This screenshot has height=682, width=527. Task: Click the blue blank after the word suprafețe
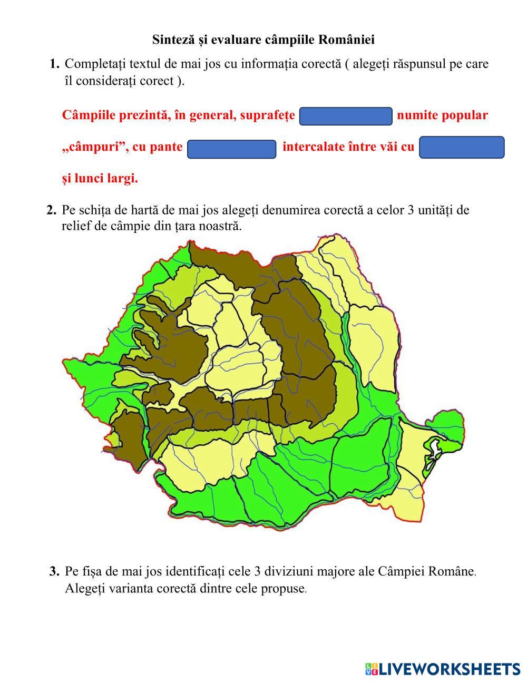pos(346,116)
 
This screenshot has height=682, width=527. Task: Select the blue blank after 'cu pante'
pos(232,149)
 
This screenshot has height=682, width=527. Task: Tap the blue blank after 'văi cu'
pos(462,148)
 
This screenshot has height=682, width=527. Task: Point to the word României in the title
pos(349,40)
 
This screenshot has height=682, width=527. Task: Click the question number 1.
pos(54,64)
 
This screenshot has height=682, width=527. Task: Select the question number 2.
pos(51,210)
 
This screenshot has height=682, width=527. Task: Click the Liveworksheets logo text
pos(450,669)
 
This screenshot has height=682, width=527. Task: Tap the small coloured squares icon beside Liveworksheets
pos(371,669)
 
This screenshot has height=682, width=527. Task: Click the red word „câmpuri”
pos(95,147)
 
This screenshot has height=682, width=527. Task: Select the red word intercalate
pos(314,147)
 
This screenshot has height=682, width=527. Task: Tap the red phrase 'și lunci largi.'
pos(100,179)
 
